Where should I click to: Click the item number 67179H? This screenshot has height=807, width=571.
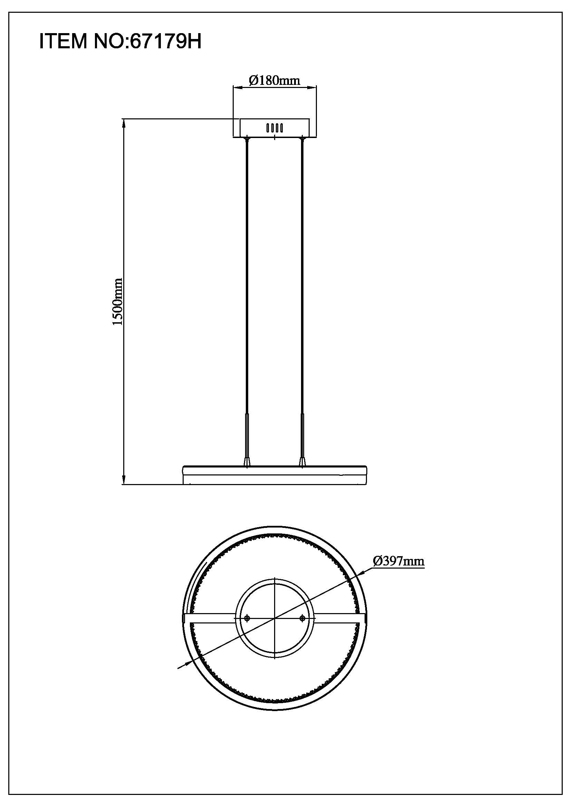166,42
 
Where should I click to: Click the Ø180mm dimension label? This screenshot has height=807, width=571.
274,80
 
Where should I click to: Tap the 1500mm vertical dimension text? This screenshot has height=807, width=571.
117,302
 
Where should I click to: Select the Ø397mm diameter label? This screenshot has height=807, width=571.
398,561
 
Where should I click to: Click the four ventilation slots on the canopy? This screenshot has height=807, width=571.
274,128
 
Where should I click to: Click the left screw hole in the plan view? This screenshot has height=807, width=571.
247,618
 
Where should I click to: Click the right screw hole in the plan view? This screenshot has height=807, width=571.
302,618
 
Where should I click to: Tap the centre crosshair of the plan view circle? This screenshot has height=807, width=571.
275,618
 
